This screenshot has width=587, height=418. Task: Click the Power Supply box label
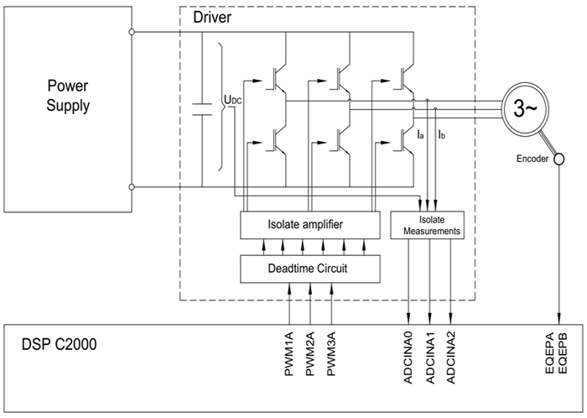pos(67,96)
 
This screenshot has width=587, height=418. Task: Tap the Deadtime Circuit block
pos(310,268)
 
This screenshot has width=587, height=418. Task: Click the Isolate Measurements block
pos(429,224)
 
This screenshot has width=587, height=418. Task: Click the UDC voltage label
pos(233,101)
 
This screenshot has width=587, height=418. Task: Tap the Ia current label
pos(421,133)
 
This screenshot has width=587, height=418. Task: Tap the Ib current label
pos(442,133)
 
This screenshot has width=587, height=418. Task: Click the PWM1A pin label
pos(289,356)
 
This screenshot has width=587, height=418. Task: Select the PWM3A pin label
pos(332,356)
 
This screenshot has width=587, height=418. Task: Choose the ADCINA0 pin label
pos(408,360)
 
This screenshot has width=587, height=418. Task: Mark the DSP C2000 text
pos(62,347)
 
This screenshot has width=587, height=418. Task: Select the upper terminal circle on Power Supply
pos(132,33)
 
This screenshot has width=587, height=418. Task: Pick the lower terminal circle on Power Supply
pos(132,186)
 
